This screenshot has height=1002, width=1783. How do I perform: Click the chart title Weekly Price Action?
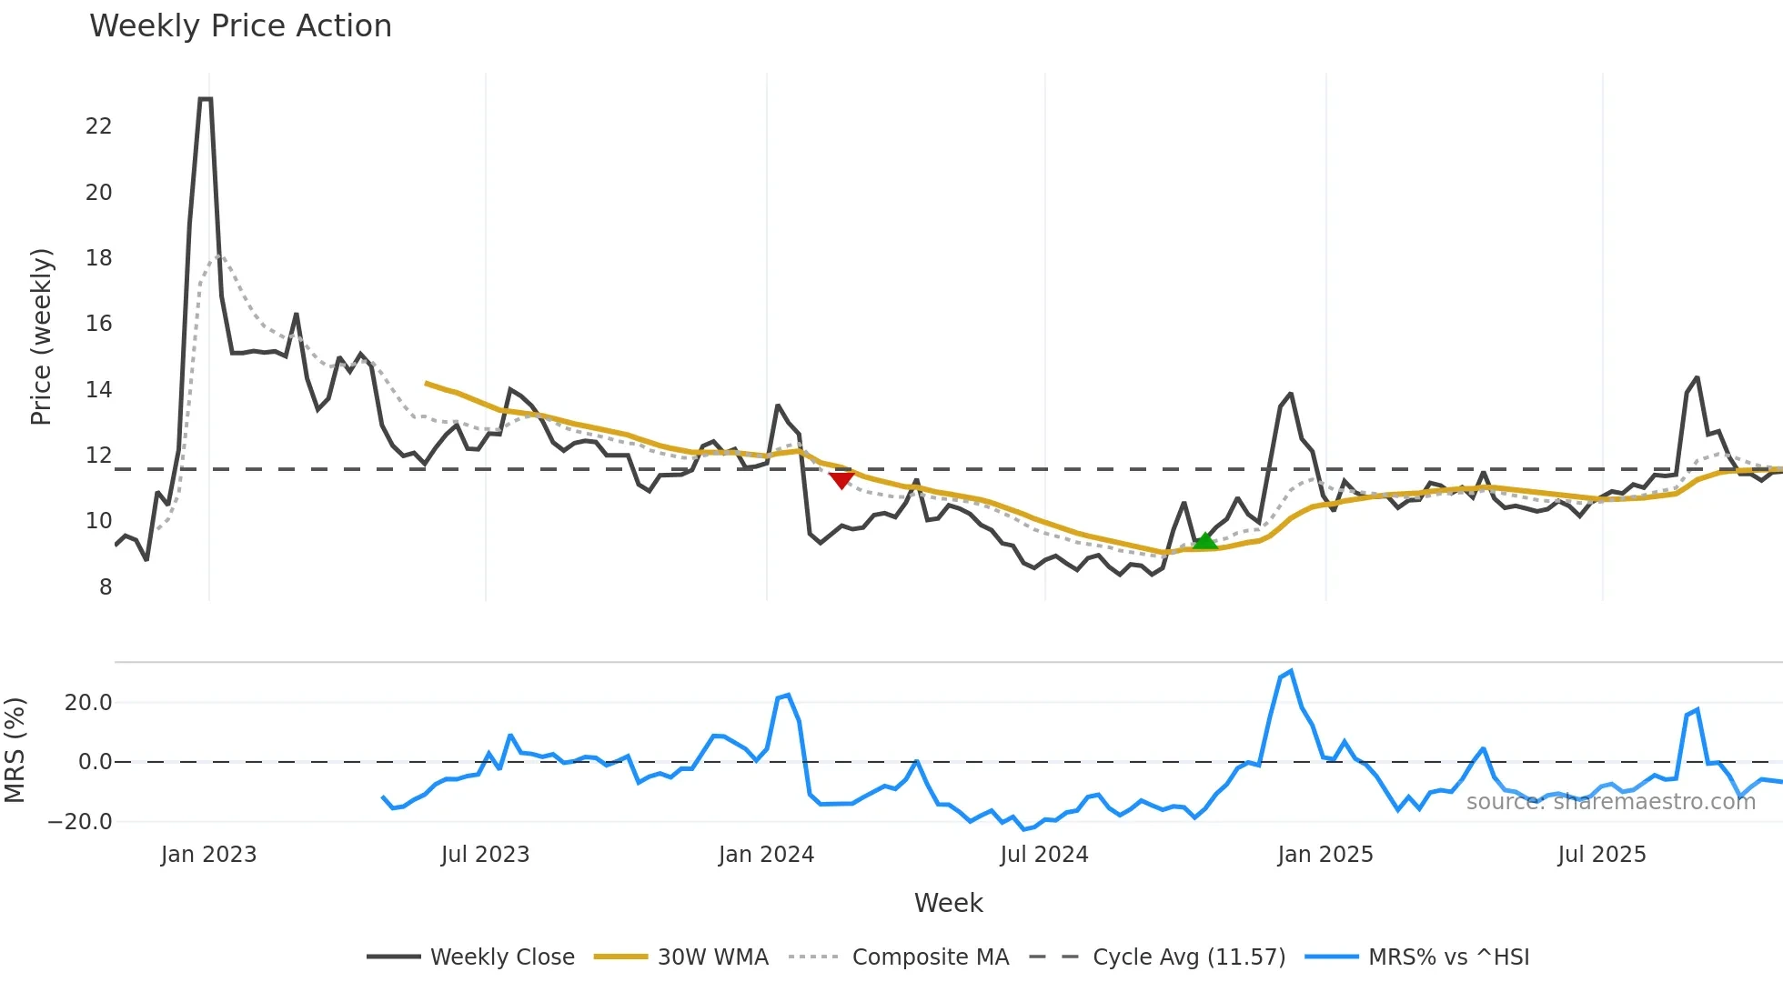click(240, 26)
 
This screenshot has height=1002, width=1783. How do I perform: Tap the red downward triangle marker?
click(841, 479)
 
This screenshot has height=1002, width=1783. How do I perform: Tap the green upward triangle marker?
click(1204, 541)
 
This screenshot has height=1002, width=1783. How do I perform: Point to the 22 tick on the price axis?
click(98, 126)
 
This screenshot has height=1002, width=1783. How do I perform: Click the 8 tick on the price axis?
click(106, 587)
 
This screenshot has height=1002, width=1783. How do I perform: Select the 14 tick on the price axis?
click(98, 390)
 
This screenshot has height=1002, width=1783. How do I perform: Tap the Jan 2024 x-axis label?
click(766, 855)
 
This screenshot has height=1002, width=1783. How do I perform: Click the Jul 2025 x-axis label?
click(1601, 855)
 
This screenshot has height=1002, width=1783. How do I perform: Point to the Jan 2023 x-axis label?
click(208, 855)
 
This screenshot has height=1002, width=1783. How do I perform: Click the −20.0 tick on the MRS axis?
click(79, 822)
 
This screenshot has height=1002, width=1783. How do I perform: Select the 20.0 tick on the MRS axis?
click(88, 703)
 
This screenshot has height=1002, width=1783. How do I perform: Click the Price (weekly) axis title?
click(42, 336)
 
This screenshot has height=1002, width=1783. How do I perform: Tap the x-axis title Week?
click(948, 903)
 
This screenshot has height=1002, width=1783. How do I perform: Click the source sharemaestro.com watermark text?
click(1610, 802)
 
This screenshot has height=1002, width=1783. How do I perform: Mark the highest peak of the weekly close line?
click(205, 99)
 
